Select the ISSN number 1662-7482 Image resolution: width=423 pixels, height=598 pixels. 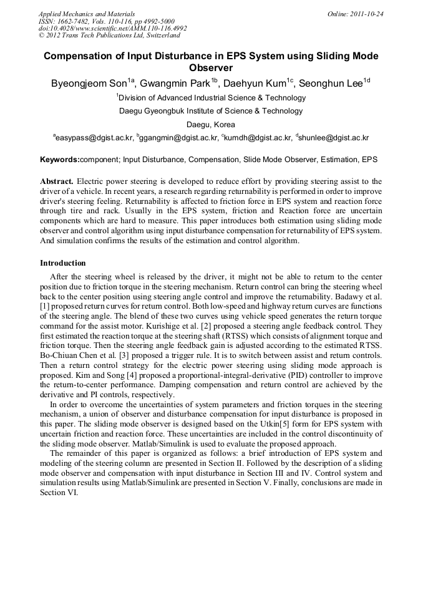[x=77, y=21]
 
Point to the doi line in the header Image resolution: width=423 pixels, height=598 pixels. [x=112, y=28]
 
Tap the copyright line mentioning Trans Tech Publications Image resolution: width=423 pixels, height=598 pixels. [x=110, y=36]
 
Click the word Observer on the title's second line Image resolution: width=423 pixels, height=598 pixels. [x=211, y=68]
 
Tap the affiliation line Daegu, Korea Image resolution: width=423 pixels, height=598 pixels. [x=211, y=124]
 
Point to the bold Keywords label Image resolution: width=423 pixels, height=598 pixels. [x=60, y=160]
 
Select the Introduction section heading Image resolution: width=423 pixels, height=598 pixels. [x=63, y=263]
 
